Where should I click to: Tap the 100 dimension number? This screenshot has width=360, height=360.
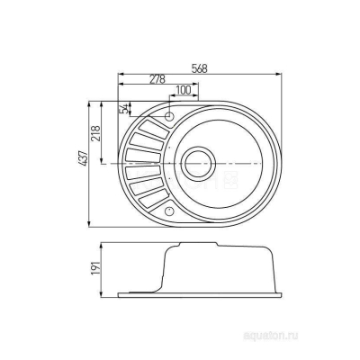pyautogui.click(x=184, y=89)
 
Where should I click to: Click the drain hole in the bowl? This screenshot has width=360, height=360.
pyautogui.click(x=197, y=165)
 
